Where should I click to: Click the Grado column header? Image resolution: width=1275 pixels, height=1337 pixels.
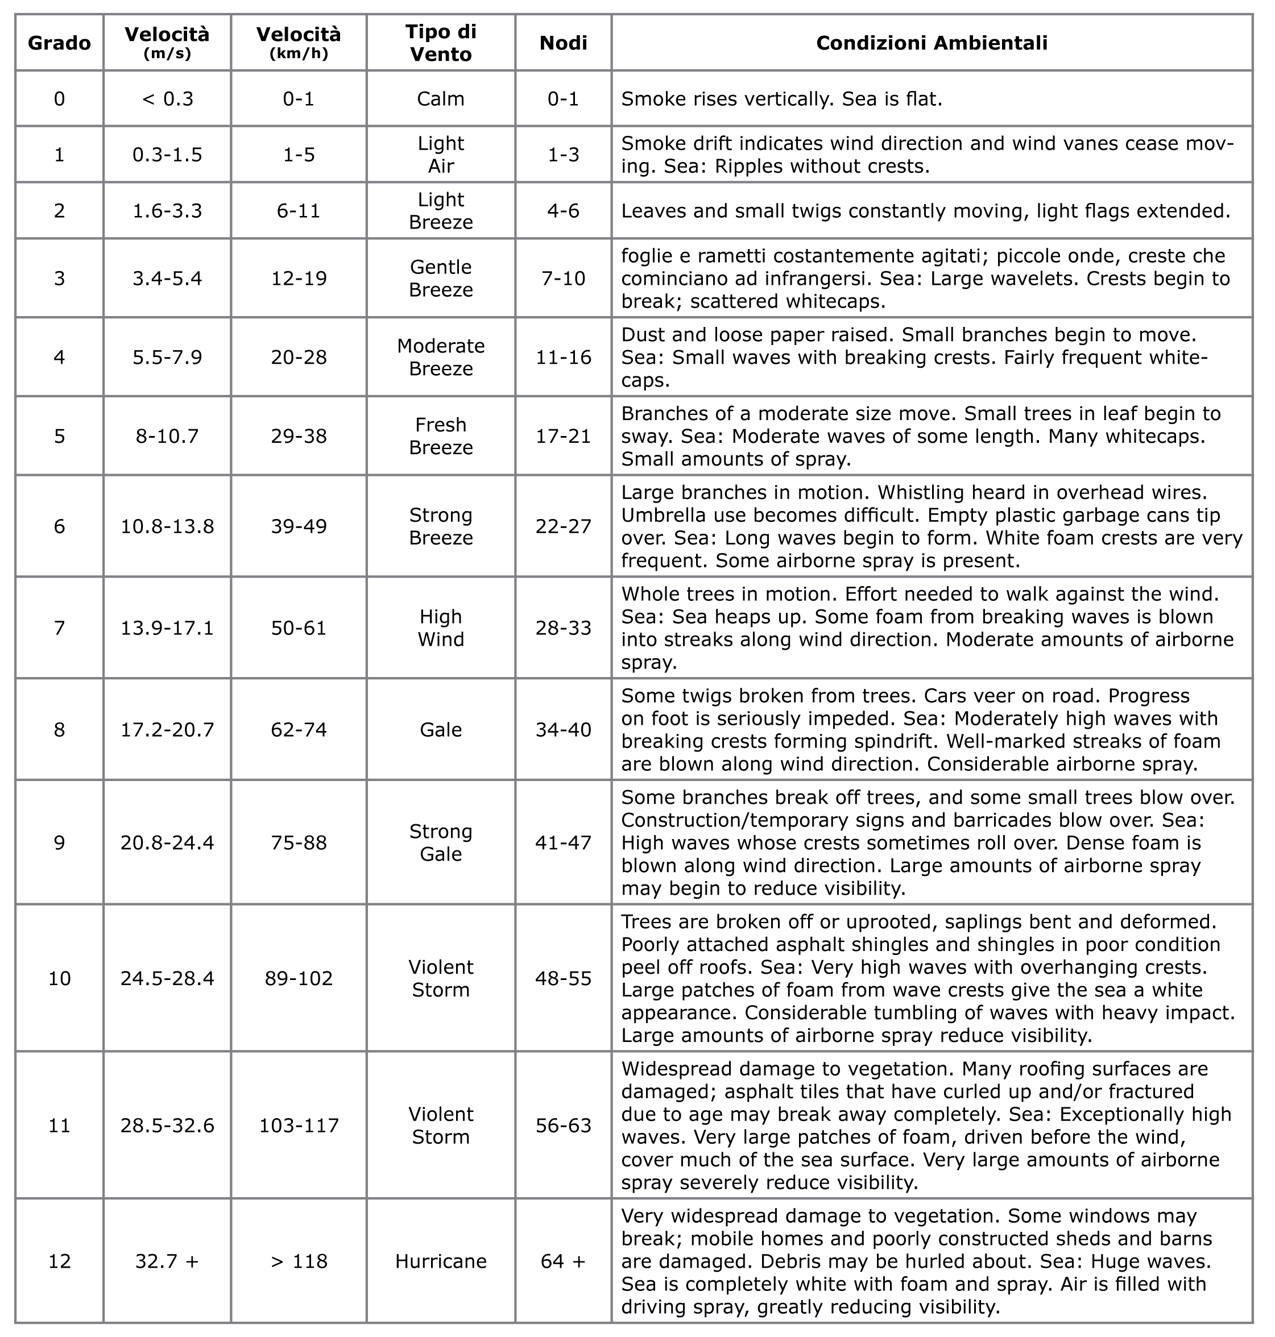tap(59, 43)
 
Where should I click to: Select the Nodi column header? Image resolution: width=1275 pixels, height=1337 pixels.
tap(564, 43)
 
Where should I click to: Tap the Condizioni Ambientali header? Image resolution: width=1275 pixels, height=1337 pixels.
tap(931, 43)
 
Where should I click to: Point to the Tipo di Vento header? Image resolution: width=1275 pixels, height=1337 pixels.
tap(440, 43)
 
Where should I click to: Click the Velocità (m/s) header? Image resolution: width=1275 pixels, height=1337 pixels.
tap(167, 43)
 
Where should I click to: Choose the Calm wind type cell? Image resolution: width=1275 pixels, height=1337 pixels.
tap(440, 99)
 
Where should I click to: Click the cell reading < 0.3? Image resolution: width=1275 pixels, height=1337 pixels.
tap(167, 99)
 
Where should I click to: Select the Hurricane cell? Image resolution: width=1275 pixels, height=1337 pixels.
tap(440, 1261)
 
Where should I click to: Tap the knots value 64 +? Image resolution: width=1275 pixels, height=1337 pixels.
tap(564, 1261)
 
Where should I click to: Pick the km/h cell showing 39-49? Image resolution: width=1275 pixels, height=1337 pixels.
tap(299, 526)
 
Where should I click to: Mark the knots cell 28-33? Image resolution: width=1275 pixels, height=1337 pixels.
tap(564, 628)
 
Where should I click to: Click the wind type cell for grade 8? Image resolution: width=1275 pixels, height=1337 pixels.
tap(440, 730)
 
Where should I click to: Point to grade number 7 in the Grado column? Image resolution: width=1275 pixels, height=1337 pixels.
tap(59, 628)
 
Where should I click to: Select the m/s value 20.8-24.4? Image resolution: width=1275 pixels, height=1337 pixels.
tap(167, 843)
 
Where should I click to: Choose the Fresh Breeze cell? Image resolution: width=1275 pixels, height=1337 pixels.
tap(440, 436)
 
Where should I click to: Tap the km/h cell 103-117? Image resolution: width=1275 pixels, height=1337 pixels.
tap(299, 1126)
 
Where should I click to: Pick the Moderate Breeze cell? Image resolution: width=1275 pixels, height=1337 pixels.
tap(440, 358)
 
